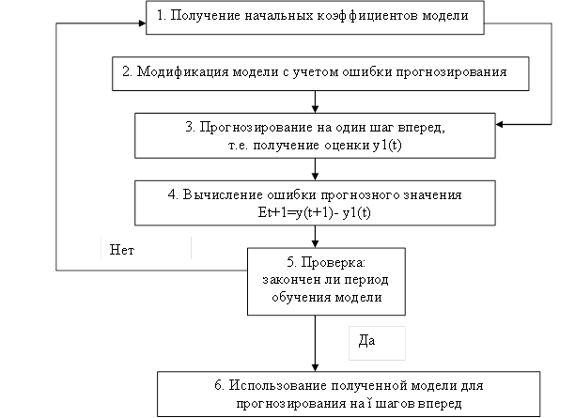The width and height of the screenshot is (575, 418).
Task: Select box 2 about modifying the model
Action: pos(324,73)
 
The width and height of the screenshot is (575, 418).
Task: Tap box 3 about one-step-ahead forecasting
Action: pos(315,136)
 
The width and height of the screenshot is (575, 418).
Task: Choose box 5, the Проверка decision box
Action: pos(315,281)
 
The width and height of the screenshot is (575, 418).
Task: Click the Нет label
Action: pos(146,248)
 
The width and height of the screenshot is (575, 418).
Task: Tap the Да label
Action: pos(376,342)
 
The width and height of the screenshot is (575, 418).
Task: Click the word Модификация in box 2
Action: pos(181,72)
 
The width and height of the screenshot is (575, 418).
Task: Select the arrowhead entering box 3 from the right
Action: pos(501,124)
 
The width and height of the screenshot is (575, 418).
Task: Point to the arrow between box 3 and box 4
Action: pos(315,168)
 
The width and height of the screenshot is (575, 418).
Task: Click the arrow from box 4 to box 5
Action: pos(315,235)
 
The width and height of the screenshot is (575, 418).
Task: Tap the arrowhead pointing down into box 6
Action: pos(315,366)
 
